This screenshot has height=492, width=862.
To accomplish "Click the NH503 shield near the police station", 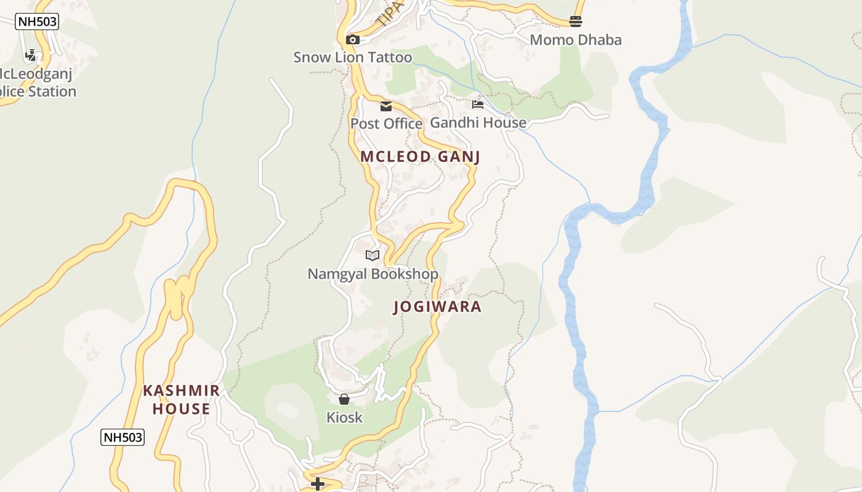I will pyautogui.click(x=37, y=22).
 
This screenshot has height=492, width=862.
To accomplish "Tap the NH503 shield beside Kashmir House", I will pyautogui.click(x=123, y=437).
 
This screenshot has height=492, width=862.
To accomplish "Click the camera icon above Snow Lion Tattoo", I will pyautogui.click(x=353, y=40).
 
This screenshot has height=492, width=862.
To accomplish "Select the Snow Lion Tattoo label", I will pyautogui.click(x=352, y=58).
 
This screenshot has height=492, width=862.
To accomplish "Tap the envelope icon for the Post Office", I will pyautogui.click(x=386, y=106).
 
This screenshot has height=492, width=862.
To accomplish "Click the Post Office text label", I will pyautogui.click(x=386, y=124).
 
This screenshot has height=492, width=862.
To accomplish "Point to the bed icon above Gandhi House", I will pyautogui.click(x=478, y=105).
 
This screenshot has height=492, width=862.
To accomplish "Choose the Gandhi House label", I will pyautogui.click(x=478, y=122).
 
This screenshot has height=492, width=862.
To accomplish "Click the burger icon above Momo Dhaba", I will pyautogui.click(x=576, y=22).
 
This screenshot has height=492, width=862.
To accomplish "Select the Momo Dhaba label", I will pyautogui.click(x=576, y=40).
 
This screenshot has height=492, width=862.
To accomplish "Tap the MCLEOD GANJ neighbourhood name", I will pyautogui.click(x=420, y=157).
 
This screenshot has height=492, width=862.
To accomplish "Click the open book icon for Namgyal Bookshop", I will pyautogui.click(x=373, y=255).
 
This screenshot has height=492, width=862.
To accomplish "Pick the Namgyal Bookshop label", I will pyautogui.click(x=373, y=274).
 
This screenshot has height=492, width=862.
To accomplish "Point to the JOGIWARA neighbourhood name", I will pyautogui.click(x=437, y=307).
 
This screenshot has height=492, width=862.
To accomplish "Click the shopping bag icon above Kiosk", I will pyautogui.click(x=344, y=400).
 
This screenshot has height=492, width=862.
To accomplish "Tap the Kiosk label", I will pyautogui.click(x=344, y=418).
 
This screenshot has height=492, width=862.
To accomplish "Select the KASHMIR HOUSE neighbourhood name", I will pyautogui.click(x=181, y=400).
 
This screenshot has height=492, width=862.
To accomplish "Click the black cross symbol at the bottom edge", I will pyautogui.click(x=318, y=484).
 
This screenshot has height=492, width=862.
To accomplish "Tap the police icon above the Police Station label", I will pyautogui.click(x=30, y=55).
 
